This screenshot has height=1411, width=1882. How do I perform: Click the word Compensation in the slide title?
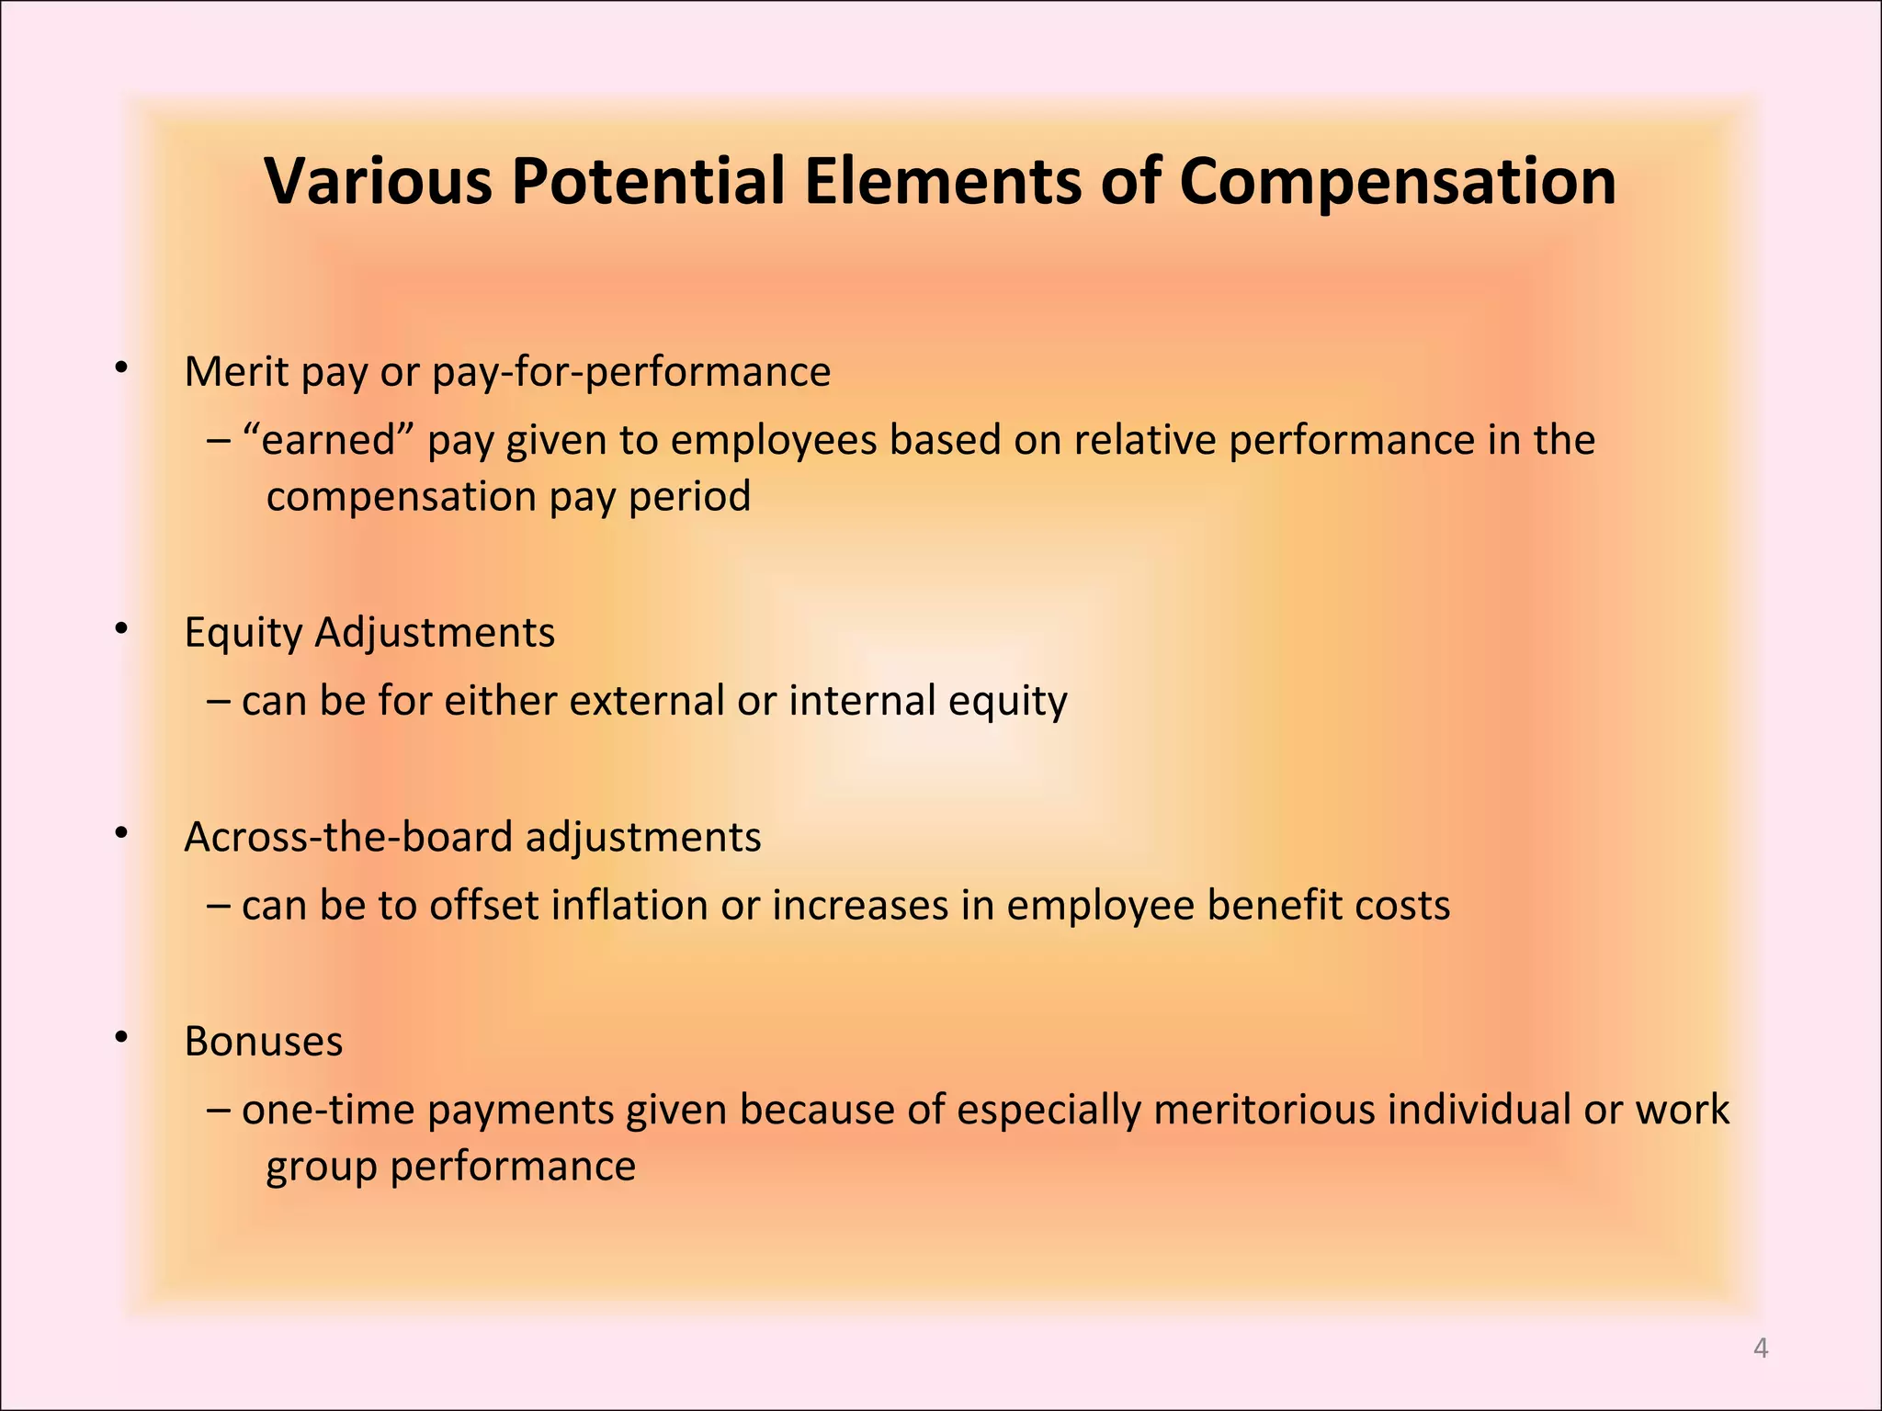1397,181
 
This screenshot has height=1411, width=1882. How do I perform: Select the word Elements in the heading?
944,181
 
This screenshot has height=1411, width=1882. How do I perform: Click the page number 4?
1761,1348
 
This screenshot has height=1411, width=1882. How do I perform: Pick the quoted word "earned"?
333,440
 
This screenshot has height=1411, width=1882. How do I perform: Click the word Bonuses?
264,1042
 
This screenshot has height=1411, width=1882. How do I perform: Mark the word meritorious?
1264,1110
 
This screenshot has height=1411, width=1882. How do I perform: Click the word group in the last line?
322,1168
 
